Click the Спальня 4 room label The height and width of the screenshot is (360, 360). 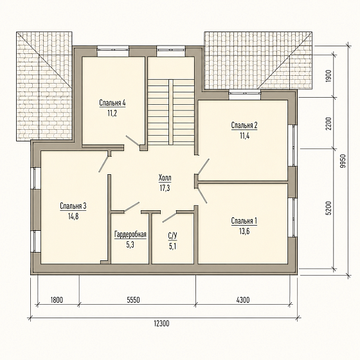(113, 103)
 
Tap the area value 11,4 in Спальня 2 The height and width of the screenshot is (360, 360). (245, 136)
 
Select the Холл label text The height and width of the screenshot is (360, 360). (165, 177)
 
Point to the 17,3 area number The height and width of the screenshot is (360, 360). (165, 188)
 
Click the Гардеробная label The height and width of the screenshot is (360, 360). (130, 235)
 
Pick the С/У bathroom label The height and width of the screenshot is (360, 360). (173, 236)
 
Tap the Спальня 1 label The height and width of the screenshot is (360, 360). (244, 221)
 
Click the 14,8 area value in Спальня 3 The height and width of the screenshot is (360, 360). (73, 216)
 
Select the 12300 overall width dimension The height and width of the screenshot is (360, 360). (161, 323)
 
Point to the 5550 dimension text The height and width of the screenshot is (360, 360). (134, 300)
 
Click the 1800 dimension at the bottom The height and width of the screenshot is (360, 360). (57, 300)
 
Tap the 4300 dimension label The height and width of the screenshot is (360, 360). (243, 300)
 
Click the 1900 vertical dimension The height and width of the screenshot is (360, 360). (328, 76)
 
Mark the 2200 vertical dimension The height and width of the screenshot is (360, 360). (328, 123)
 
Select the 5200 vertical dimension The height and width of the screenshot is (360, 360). (328, 208)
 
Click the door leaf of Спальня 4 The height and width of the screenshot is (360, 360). (132, 141)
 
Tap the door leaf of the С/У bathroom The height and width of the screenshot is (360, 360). (170, 217)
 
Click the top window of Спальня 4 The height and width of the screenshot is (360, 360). (113, 51)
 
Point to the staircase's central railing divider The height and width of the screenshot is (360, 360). (171, 112)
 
